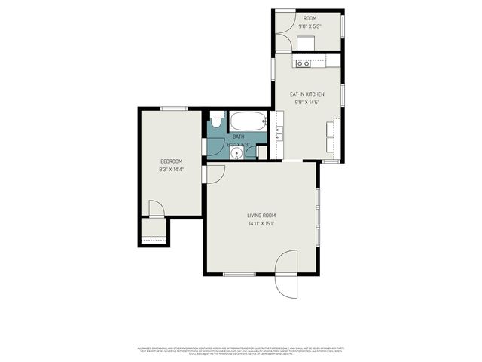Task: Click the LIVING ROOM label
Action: coord(261,216)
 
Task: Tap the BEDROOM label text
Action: coord(172,161)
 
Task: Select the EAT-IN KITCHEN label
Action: coord(307,94)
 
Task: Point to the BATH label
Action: coord(238,137)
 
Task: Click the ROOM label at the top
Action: coord(310,18)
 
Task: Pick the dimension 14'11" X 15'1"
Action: coord(261,223)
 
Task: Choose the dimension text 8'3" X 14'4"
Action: coord(172,170)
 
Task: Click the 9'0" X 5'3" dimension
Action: coord(310,26)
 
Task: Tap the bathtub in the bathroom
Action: coord(248,121)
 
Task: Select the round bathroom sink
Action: coord(236,152)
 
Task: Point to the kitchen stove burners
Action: coord(304,63)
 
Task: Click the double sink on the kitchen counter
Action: coord(279,134)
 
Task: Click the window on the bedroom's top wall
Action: coord(174,109)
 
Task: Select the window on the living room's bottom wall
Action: coord(239,274)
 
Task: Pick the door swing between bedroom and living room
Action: coord(214,173)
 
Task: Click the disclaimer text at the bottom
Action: coord(241,351)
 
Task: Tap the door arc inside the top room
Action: coord(285,20)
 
